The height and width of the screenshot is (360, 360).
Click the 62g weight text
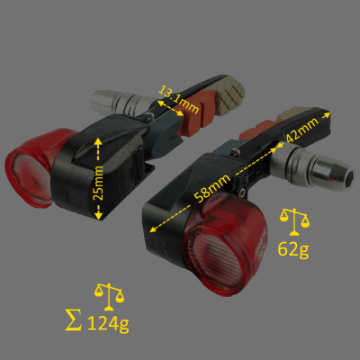[x=292, y=249]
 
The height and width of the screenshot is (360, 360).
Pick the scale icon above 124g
[x=109, y=293]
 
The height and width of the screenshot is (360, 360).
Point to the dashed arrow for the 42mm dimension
[x=301, y=129]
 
